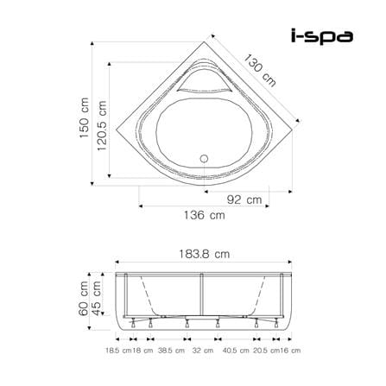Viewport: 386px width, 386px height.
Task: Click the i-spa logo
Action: [322, 36]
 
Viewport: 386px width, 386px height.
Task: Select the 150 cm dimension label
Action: [85, 117]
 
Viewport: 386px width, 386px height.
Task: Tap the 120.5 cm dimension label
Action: [102, 125]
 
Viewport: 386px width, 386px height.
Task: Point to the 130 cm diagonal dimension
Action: [260, 71]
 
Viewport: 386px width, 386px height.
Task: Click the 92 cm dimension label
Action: [244, 199]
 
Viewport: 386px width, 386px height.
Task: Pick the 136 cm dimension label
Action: [205, 215]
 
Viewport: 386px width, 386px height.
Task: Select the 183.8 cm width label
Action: [205, 254]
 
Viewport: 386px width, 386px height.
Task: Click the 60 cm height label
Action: [84, 299]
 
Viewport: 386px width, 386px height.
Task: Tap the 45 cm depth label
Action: [97, 299]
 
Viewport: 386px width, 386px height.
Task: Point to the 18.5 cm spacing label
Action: [118, 351]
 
